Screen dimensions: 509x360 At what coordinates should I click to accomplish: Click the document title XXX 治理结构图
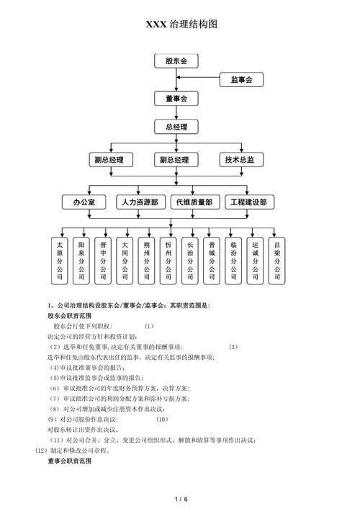coord(181,24)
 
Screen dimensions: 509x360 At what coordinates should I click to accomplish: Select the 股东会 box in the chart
coord(176,61)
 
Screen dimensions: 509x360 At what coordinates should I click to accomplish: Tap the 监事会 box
coord(240,80)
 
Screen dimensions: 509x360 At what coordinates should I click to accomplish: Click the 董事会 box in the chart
coord(176,98)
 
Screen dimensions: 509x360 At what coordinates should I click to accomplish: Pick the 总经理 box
coord(176,127)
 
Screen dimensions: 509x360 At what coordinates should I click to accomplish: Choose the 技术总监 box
coord(240,160)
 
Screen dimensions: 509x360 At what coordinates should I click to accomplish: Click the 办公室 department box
coord(84,202)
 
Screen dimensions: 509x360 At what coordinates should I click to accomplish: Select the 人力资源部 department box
coord(140,202)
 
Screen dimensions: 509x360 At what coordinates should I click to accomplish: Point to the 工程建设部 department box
coord(248,202)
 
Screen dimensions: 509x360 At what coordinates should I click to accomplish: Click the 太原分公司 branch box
coord(60,261)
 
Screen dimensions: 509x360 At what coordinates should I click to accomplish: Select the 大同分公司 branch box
coord(125,261)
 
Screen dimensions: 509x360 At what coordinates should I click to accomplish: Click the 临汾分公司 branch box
coord(233,261)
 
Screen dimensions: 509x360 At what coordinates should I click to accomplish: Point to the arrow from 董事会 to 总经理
coord(176,112)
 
